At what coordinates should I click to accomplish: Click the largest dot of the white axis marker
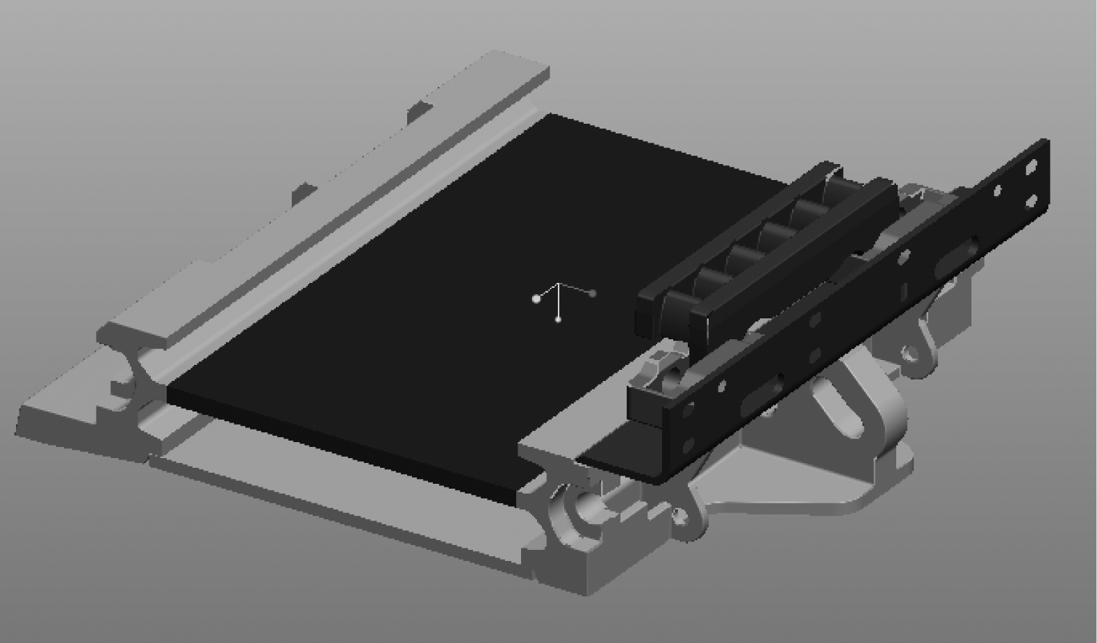(536, 299)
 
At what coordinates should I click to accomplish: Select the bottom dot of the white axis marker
(559, 319)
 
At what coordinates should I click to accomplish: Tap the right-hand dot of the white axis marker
(592, 293)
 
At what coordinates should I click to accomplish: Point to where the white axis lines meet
(559, 284)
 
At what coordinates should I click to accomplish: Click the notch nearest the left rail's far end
(419, 108)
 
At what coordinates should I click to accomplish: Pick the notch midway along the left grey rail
(304, 190)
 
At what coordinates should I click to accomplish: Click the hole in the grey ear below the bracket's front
(679, 516)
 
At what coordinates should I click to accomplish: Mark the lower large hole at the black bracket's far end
(1031, 201)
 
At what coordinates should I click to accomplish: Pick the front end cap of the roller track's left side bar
(649, 314)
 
